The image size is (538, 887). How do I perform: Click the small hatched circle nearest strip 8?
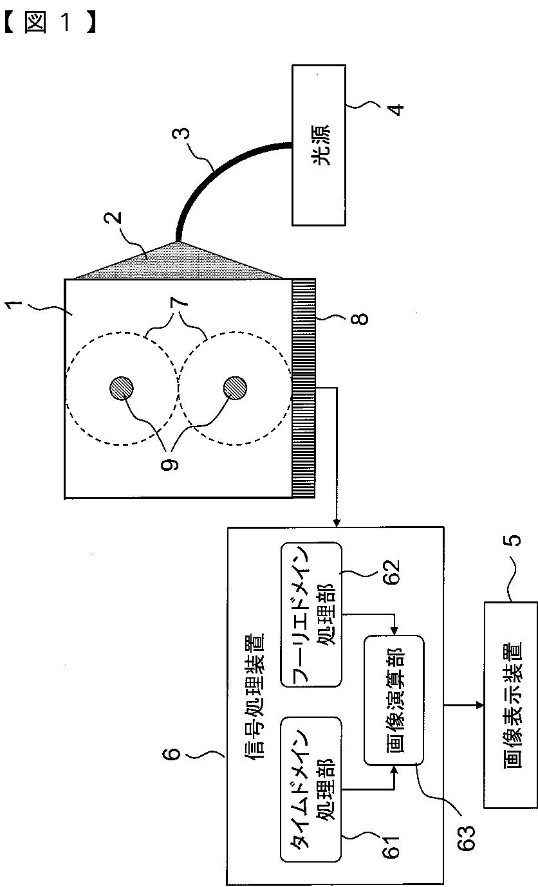coord(234,387)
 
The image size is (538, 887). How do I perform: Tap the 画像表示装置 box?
coord(510,704)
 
